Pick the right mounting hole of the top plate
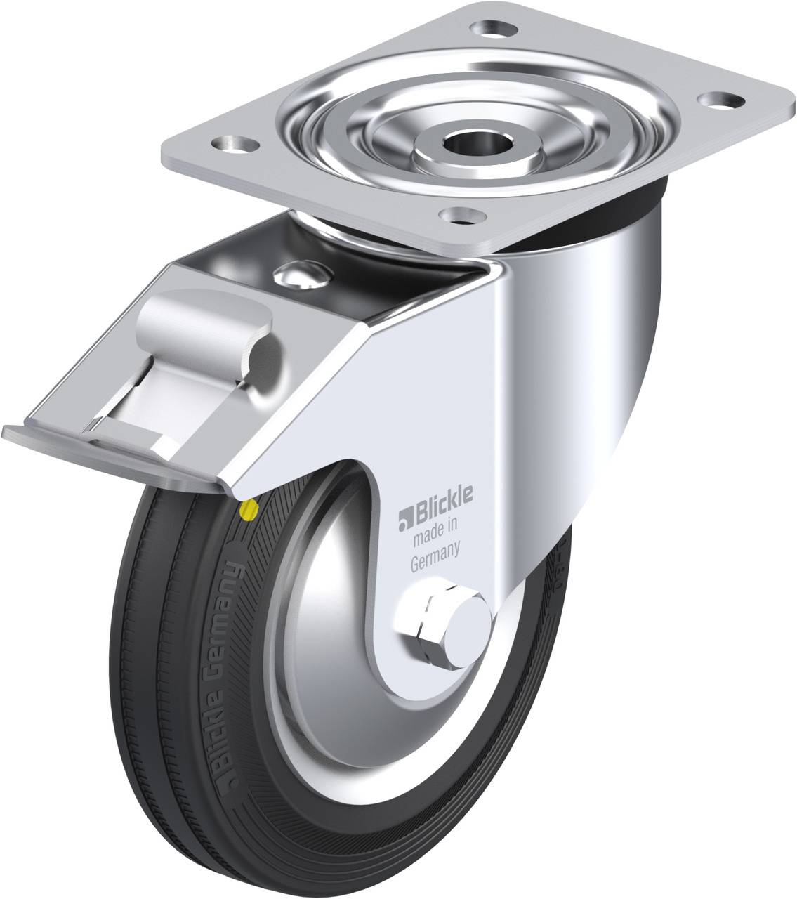pyautogui.click(x=720, y=100)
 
